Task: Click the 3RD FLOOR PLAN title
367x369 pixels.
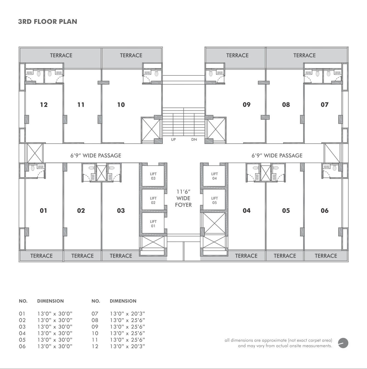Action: pyautogui.click(x=47, y=22)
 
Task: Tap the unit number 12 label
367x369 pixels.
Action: pyautogui.click(x=44, y=105)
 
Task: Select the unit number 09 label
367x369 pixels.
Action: pyautogui.click(x=246, y=105)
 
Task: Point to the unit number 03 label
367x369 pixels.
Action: pyautogui.click(x=121, y=210)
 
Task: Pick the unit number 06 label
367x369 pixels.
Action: pyautogui.click(x=324, y=210)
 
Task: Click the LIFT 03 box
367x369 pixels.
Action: pyautogui.click(x=153, y=176)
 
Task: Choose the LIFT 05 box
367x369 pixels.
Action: pyautogui.click(x=214, y=200)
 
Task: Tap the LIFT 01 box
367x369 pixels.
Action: pyautogui.click(x=153, y=223)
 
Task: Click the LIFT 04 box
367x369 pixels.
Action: pyautogui.click(x=214, y=176)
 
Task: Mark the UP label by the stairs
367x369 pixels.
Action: pyautogui.click(x=173, y=139)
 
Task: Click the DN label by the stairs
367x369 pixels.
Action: pyautogui.click(x=194, y=139)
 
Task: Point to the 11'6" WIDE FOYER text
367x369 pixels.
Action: pyautogui.click(x=183, y=198)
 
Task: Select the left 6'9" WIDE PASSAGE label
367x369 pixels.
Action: pyautogui.click(x=96, y=155)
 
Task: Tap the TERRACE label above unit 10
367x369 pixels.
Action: pyautogui.click(x=131, y=55)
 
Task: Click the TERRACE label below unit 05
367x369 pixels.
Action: pyautogui.click(x=285, y=256)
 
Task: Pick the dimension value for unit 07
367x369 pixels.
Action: pyautogui.click(x=127, y=314)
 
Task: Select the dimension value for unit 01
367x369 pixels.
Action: pyautogui.click(x=55, y=314)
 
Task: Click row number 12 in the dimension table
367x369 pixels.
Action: pyautogui.click(x=95, y=346)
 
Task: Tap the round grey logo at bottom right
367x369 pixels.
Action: pyautogui.click(x=343, y=343)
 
